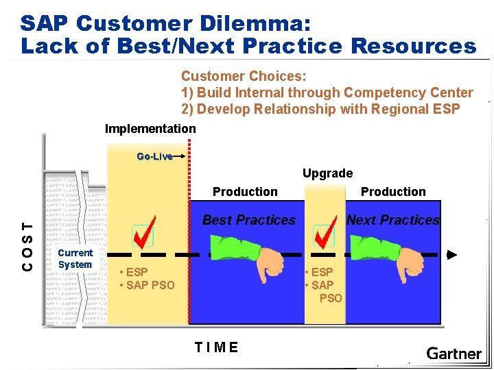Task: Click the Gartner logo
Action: coord(454,354)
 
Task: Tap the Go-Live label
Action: coord(154,156)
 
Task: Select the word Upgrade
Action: coord(327,173)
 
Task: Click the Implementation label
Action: coord(150,129)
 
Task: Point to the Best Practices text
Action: coord(248,220)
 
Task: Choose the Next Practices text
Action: coord(392,220)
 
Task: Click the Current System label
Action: coord(75,259)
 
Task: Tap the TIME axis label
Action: coord(216,347)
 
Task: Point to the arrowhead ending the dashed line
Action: coord(451,254)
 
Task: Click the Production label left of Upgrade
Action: coord(245,192)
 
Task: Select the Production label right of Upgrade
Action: coord(393,192)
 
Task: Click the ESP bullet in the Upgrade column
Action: coord(319,272)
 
